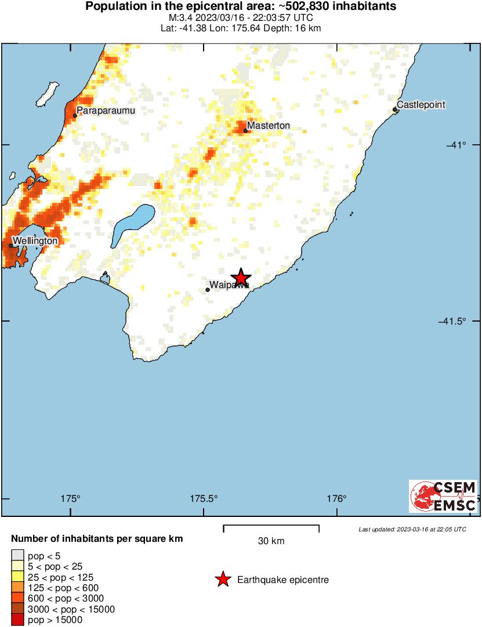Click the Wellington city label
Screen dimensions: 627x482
(x=35, y=240)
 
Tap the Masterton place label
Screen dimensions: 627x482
(x=268, y=126)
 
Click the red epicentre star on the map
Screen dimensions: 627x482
(x=241, y=278)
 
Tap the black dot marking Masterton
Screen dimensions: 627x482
(x=246, y=130)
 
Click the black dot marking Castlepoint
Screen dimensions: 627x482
(x=395, y=109)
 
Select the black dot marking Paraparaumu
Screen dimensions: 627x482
(x=75, y=115)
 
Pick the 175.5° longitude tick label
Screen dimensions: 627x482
(x=204, y=498)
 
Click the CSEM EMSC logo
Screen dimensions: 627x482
(x=444, y=497)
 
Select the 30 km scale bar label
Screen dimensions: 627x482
(x=271, y=541)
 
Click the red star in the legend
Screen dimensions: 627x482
(x=222, y=579)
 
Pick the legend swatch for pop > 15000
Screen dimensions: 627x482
(x=18, y=620)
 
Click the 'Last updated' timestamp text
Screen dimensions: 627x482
(x=412, y=529)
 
